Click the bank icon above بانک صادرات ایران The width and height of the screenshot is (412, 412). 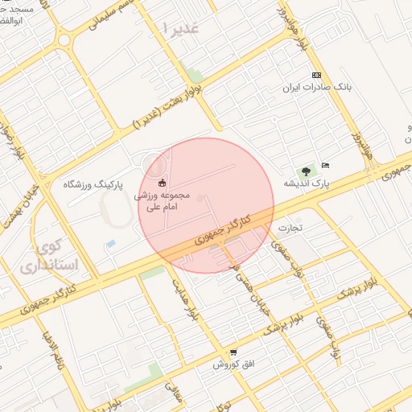click(x=317, y=75)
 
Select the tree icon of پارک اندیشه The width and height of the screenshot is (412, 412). click(x=306, y=171)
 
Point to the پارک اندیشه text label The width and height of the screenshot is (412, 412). click(x=307, y=183)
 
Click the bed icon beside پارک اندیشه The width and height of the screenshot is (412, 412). click(x=325, y=165)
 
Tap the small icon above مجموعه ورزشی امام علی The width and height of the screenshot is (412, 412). click(x=163, y=181)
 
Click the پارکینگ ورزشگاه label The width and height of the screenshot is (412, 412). click(x=93, y=184)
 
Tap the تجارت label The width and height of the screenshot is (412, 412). click(x=289, y=228)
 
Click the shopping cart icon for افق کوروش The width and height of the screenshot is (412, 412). click(x=233, y=352)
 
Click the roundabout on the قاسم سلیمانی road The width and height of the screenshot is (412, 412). click(x=64, y=37)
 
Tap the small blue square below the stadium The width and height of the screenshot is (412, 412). click(x=110, y=243)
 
